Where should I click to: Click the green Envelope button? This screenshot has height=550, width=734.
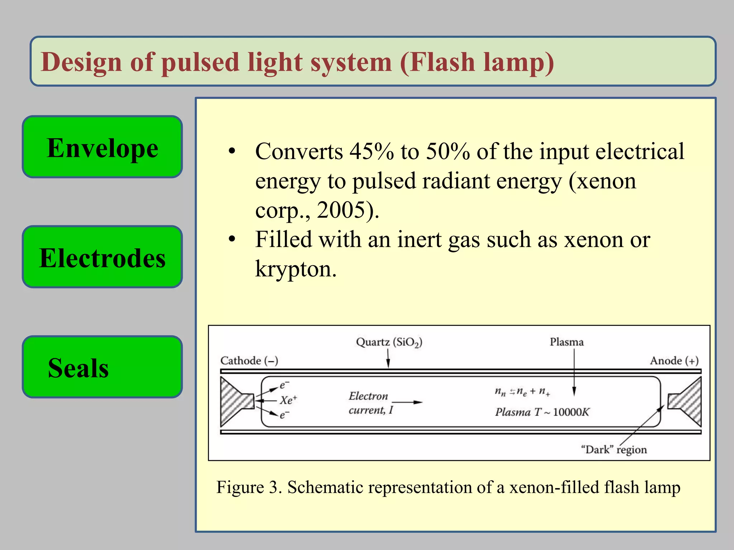pos(103,147)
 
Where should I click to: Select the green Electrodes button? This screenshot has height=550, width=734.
pos(103,257)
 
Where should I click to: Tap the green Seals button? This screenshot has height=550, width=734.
pos(103,367)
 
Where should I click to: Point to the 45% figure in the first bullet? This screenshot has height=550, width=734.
pos(372,151)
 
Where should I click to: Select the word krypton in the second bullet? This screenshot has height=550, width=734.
pos(295,269)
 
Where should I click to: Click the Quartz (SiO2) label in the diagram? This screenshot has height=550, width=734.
pos(389,342)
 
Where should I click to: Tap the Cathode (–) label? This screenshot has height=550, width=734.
pos(249,360)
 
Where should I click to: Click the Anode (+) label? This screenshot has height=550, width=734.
pos(674,360)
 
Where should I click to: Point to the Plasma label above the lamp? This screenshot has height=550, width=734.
pos(567,342)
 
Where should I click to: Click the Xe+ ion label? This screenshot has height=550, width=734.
pos(289,400)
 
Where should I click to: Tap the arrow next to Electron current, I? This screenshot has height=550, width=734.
pos(407,402)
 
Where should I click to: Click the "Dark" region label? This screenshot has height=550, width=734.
pos(614,449)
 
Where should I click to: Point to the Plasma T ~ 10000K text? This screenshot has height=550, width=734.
pos(542,412)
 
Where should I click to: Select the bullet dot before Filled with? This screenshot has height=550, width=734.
pos(232,239)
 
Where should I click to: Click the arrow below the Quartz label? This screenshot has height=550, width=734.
pos(388,359)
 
